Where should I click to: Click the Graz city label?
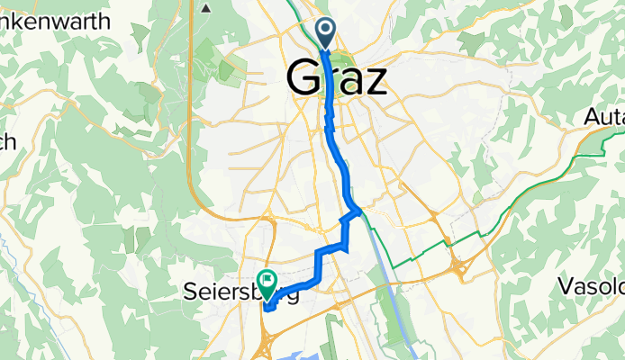[x=338, y=78]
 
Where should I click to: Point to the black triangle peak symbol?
[x=206, y=8]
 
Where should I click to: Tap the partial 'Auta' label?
[x=603, y=117]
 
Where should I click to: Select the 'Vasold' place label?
[x=591, y=287]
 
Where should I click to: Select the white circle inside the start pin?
[x=326, y=30]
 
